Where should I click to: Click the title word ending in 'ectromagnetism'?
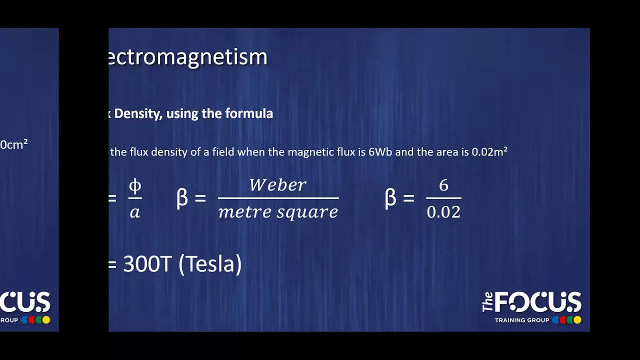coord(188,57)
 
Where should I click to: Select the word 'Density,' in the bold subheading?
coord(138,114)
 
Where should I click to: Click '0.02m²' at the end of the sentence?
coord(489,151)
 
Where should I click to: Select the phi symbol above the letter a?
coord(135,186)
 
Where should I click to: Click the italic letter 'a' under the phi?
coord(135,212)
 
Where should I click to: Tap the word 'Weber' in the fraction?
coord(278,185)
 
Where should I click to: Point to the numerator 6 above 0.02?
coord(443,185)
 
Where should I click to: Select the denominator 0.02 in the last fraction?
coord(443,212)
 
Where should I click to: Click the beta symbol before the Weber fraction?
coord(182,198)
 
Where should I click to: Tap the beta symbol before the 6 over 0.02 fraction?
coord(390,198)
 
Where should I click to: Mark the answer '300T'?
coord(147,263)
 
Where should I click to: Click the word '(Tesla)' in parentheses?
coord(210,263)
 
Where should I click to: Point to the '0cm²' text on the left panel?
coord(14,145)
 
